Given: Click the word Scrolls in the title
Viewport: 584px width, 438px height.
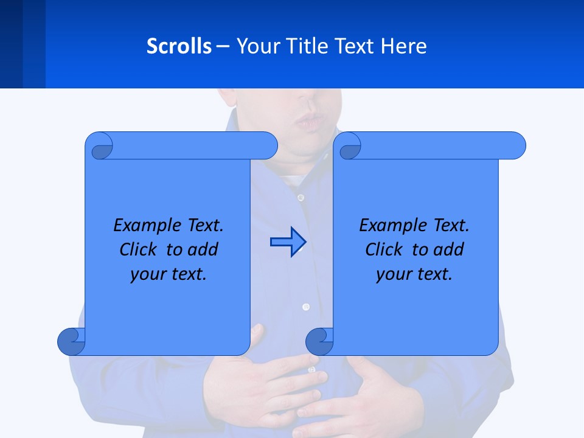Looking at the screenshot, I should (179, 46).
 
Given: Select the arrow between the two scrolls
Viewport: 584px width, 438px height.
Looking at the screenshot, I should (288, 242).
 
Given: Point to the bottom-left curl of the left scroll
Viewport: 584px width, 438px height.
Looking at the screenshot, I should (71, 341).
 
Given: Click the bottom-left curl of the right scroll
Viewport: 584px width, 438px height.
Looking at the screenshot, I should (319, 341).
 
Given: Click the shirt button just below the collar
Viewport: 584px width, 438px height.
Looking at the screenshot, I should (301, 198).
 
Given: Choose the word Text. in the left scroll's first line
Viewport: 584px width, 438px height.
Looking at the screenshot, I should (204, 226).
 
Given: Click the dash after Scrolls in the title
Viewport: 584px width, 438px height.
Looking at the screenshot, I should (223, 46).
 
